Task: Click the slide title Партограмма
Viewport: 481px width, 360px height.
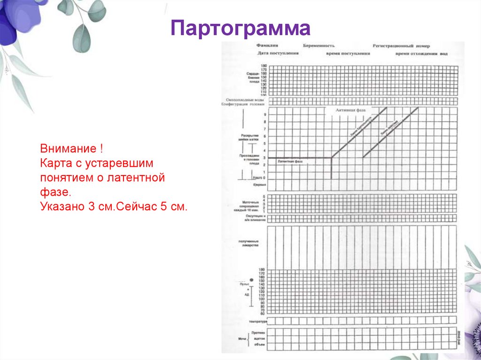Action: pos(240,29)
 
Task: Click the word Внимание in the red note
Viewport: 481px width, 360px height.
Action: pos(69,150)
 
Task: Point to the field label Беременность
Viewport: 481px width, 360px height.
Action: pos(319,46)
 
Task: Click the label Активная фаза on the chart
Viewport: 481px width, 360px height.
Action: pos(350,110)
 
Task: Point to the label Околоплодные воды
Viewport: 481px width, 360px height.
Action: pos(244,100)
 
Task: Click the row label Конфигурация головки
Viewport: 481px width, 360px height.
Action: pos(244,105)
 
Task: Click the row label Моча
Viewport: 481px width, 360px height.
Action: pos(242,338)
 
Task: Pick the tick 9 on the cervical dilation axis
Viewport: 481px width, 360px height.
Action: pos(264,115)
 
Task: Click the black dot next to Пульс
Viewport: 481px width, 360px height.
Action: pos(251,280)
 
